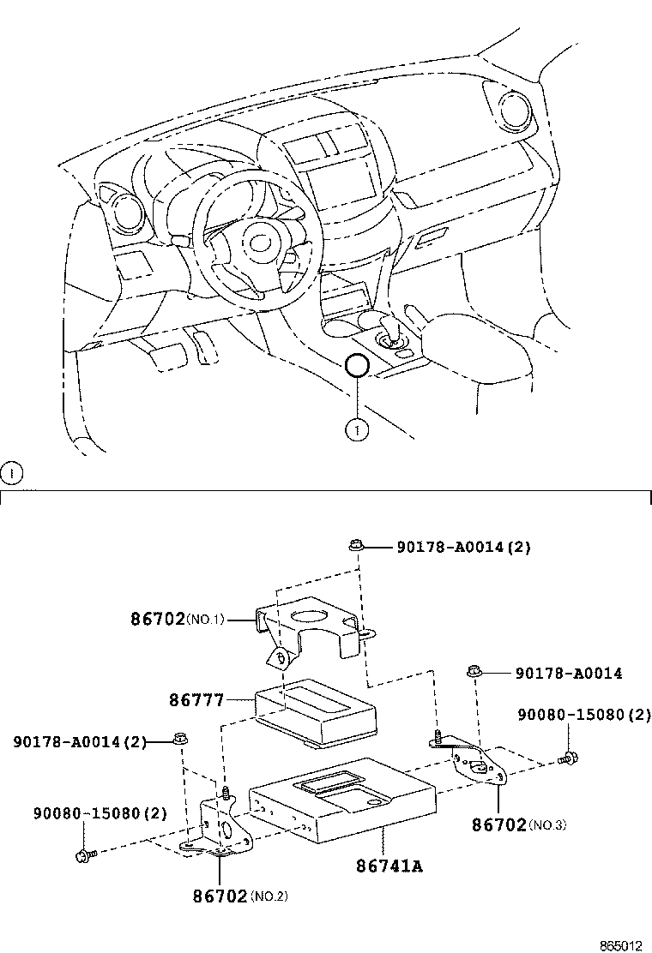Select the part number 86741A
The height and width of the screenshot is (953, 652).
click(389, 866)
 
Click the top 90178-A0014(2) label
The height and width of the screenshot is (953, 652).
click(463, 547)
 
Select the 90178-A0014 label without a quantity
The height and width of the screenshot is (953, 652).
click(569, 674)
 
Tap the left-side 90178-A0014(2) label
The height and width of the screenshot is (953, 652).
click(80, 741)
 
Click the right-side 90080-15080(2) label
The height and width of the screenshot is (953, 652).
click(583, 715)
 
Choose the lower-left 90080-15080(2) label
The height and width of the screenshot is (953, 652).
click(100, 812)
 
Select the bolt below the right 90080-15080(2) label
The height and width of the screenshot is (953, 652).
click(566, 758)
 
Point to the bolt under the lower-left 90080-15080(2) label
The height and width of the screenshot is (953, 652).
click(83, 854)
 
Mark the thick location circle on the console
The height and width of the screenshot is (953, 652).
click(356, 367)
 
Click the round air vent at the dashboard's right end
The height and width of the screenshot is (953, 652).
click(515, 106)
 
